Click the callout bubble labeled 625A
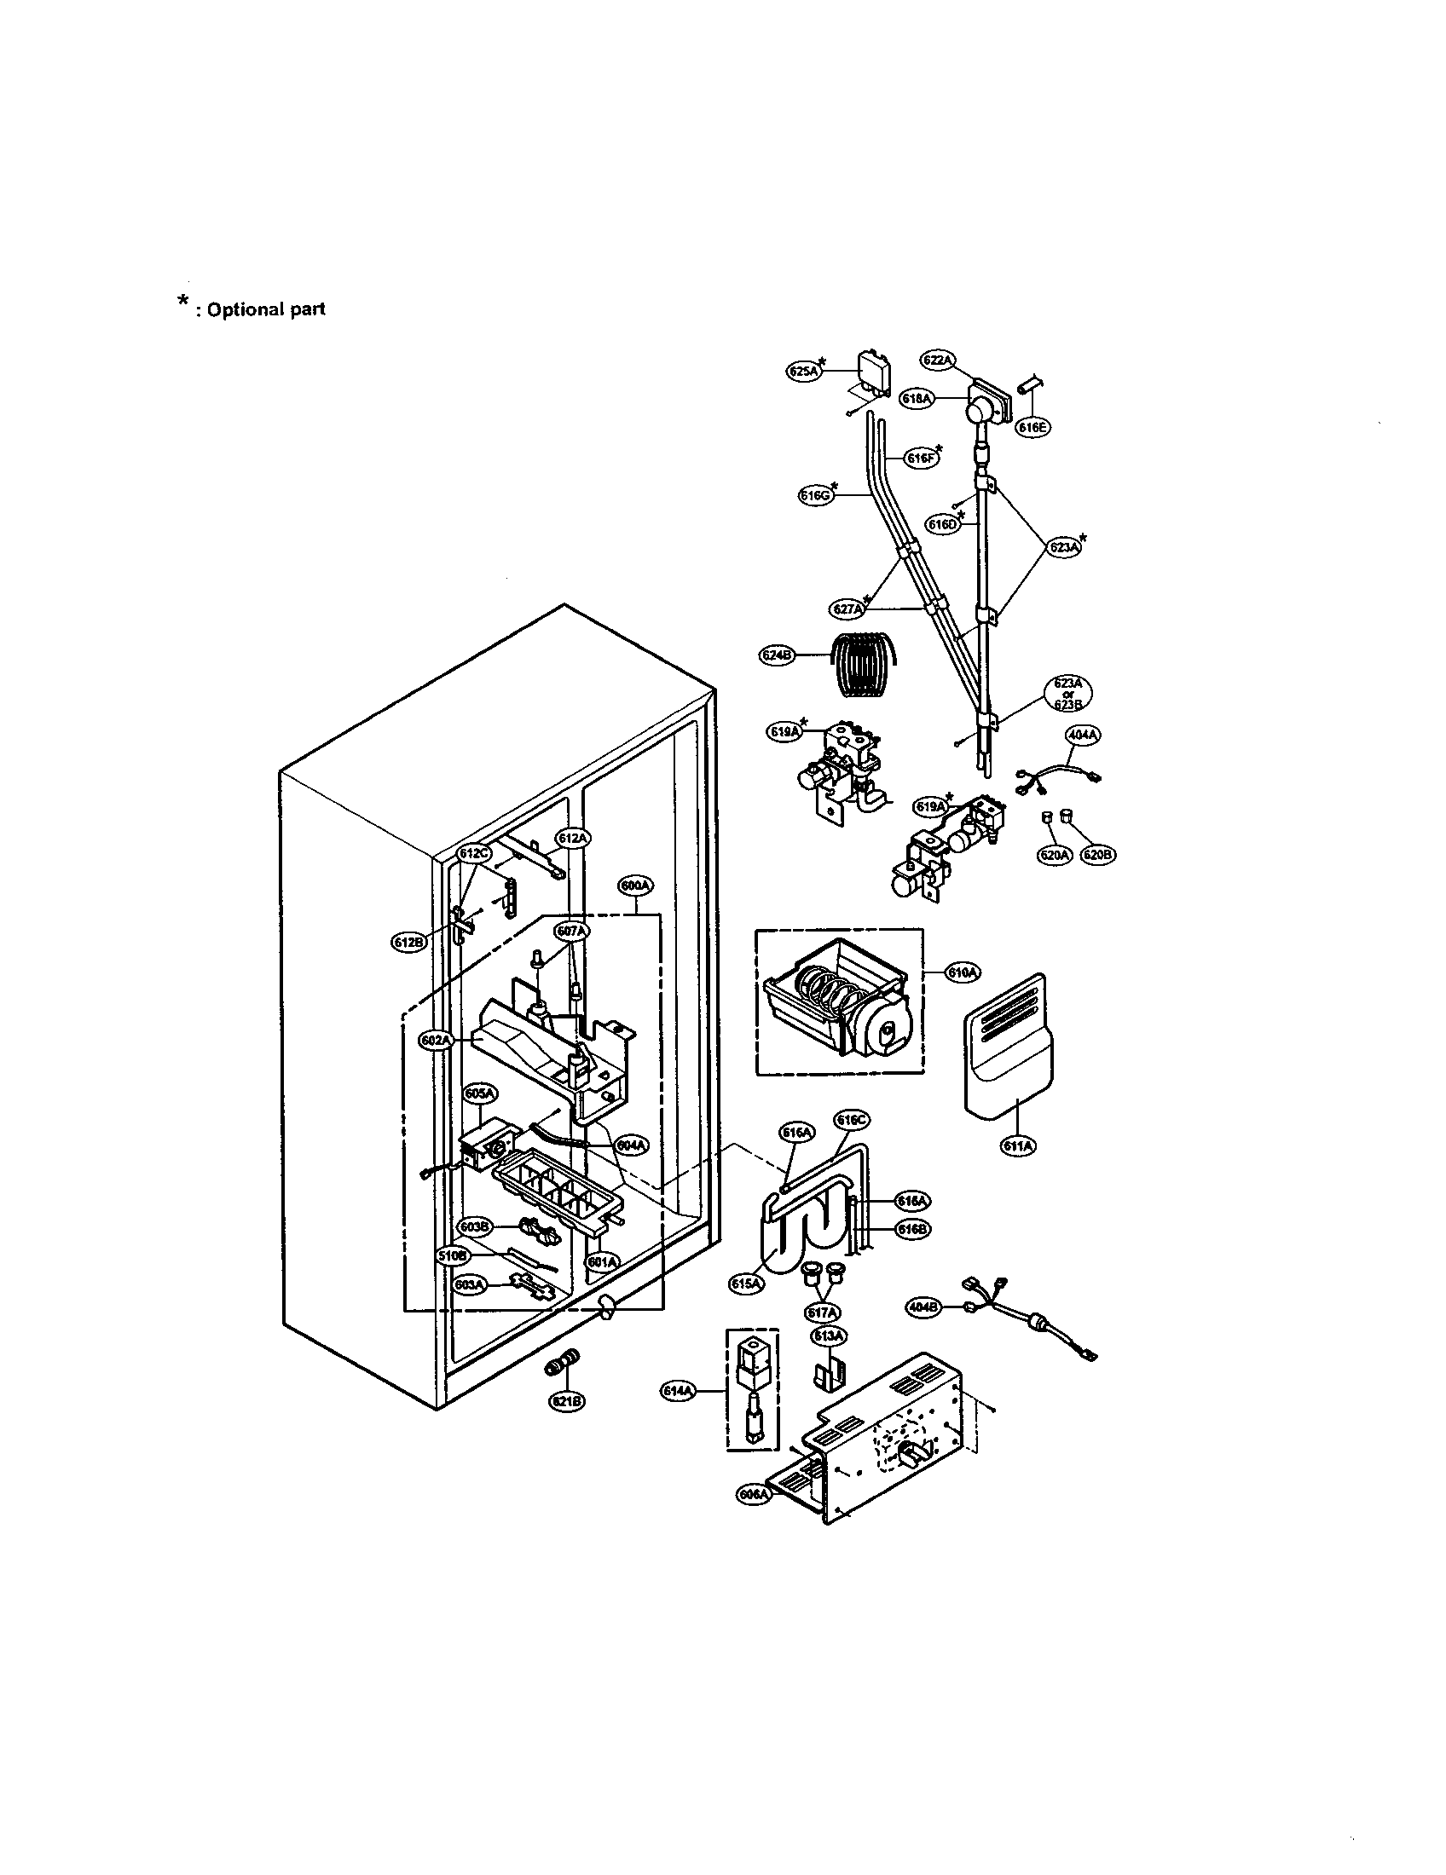pyautogui.click(x=804, y=372)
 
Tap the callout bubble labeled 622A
pyautogui.click(x=937, y=361)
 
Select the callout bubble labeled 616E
pyautogui.click(x=1033, y=427)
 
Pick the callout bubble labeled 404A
pyautogui.click(x=1084, y=735)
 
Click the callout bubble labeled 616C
pyautogui.click(x=853, y=1120)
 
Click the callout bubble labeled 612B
pyautogui.click(x=407, y=942)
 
